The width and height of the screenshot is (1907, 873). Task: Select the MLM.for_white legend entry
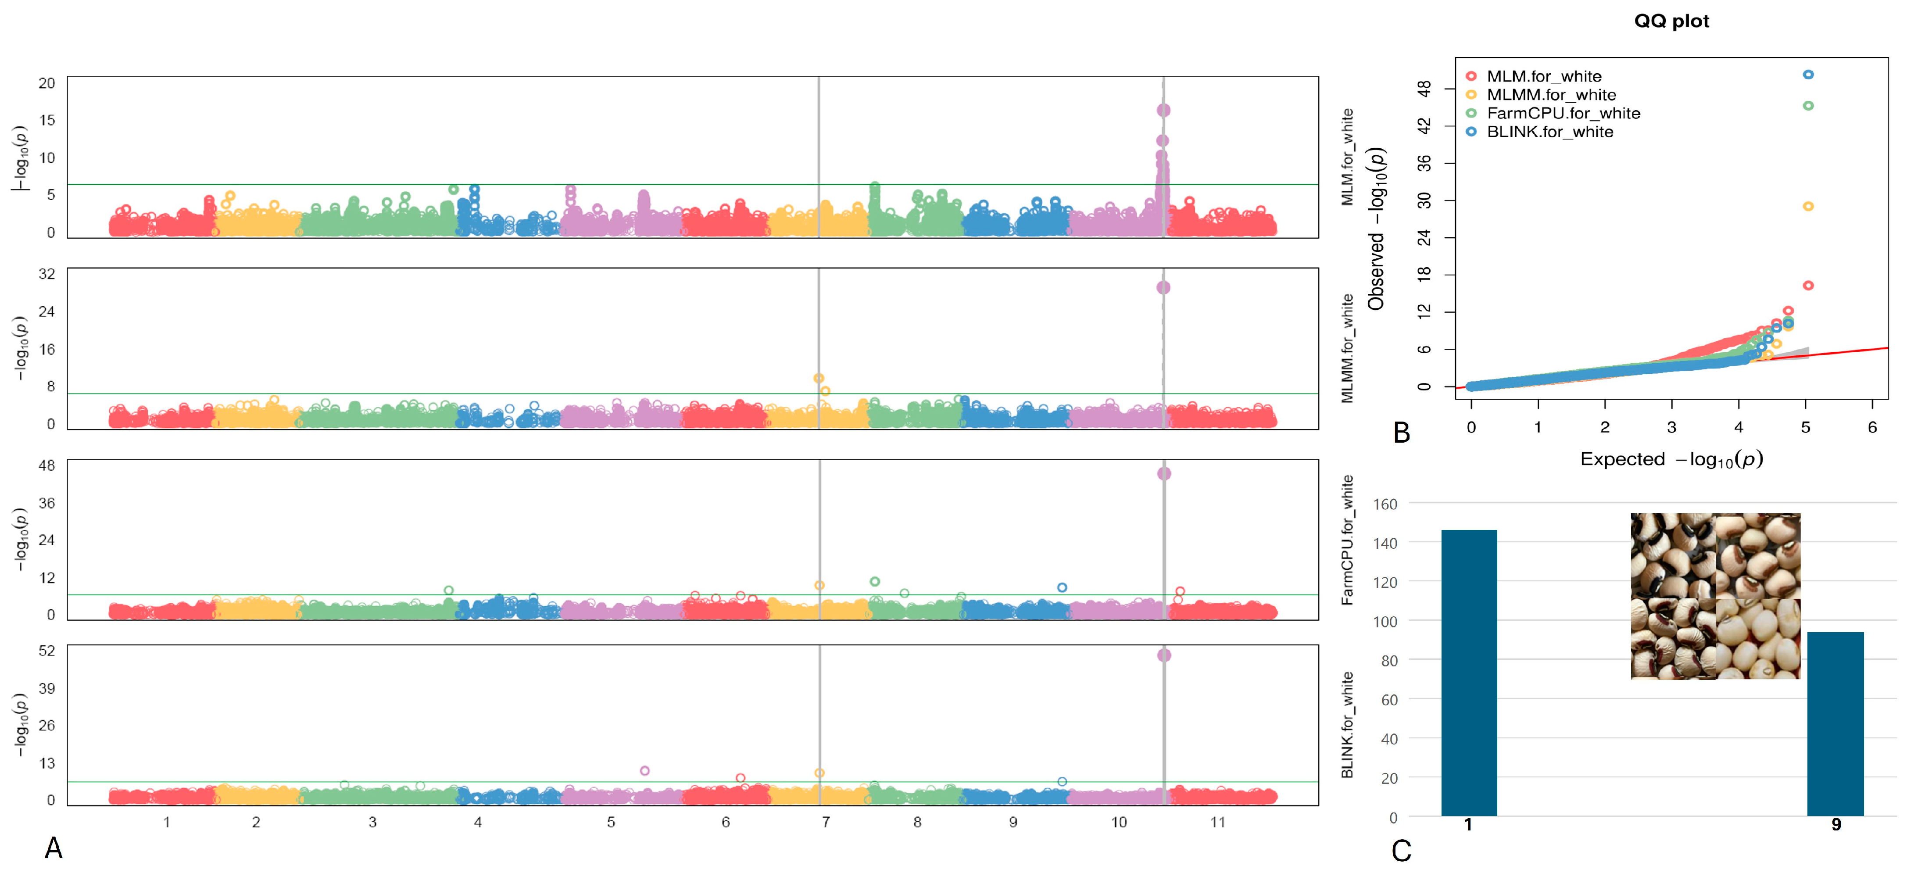click(1543, 76)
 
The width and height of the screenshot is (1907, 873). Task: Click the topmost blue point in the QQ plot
click(1808, 75)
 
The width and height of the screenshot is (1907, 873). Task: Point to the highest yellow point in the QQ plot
click(1808, 207)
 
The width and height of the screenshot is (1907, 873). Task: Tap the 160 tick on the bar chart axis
click(1385, 504)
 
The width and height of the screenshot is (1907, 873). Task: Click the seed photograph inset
click(1715, 596)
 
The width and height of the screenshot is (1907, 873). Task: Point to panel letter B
click(1401, 433)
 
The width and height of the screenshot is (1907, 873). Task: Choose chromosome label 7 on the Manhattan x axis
click(826, 822)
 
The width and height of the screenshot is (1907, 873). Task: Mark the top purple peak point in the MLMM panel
click(1163, 287)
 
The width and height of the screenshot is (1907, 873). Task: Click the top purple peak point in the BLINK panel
click(1164, 655)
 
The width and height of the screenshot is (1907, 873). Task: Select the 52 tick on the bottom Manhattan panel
click(47, 651)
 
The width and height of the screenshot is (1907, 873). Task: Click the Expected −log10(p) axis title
click(1671, 460)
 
